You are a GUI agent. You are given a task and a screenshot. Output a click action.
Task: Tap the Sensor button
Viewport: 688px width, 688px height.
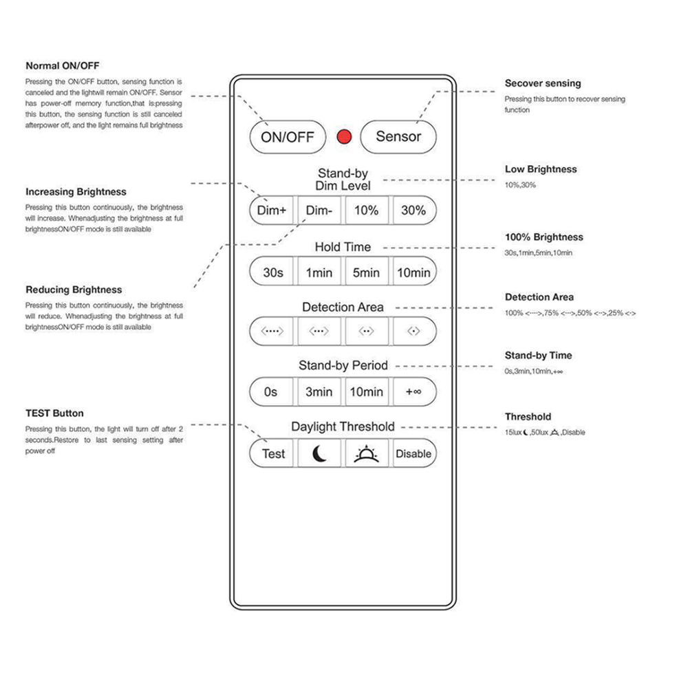[x=398, y=136]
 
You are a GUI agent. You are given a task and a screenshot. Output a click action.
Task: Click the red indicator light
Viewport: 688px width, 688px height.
[x=344, y=137]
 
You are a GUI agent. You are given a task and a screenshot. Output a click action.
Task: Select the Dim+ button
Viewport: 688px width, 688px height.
[x=272, y=211]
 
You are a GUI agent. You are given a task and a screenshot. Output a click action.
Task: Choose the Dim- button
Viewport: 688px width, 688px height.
[x=319, y=211]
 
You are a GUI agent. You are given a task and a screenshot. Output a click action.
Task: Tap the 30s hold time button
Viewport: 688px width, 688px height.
[x=272, y=272]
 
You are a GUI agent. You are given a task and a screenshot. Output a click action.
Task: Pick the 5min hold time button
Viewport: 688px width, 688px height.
[x=366, y=272]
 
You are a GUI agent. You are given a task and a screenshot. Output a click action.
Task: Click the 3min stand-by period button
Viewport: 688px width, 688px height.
[x=319, y=391]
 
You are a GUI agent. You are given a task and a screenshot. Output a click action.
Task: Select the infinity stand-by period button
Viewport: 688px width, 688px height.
[x=413, y=391]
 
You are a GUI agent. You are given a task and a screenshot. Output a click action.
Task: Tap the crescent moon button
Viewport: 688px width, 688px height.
[x=319, y=453]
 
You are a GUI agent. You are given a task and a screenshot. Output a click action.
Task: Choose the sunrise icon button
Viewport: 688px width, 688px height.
[x=366, y=453]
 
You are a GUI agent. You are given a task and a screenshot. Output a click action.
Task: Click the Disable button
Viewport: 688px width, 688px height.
[x=413, y=453]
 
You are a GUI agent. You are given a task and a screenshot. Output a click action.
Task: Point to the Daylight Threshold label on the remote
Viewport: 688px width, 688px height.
[x=343, y=427]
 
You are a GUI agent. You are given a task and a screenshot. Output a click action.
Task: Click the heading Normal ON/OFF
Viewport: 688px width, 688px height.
[x=63, y=66]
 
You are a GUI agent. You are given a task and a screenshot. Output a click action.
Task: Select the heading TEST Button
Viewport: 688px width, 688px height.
[x=54, y=413]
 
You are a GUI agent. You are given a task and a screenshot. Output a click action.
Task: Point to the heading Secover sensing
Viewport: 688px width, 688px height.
[x=543, y=83]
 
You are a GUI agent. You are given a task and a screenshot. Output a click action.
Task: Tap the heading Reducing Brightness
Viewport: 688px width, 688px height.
[x=74, y=290]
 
